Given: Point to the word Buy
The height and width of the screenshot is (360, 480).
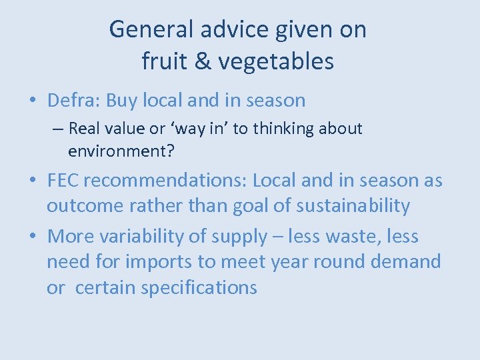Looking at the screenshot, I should (x=121, y=101).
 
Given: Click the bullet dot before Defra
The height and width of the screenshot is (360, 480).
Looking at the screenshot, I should (x=33, y=101).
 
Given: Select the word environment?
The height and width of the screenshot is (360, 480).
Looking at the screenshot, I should (x=121, y=151).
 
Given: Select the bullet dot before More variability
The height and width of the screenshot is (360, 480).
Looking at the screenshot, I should (x=33, y=237).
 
